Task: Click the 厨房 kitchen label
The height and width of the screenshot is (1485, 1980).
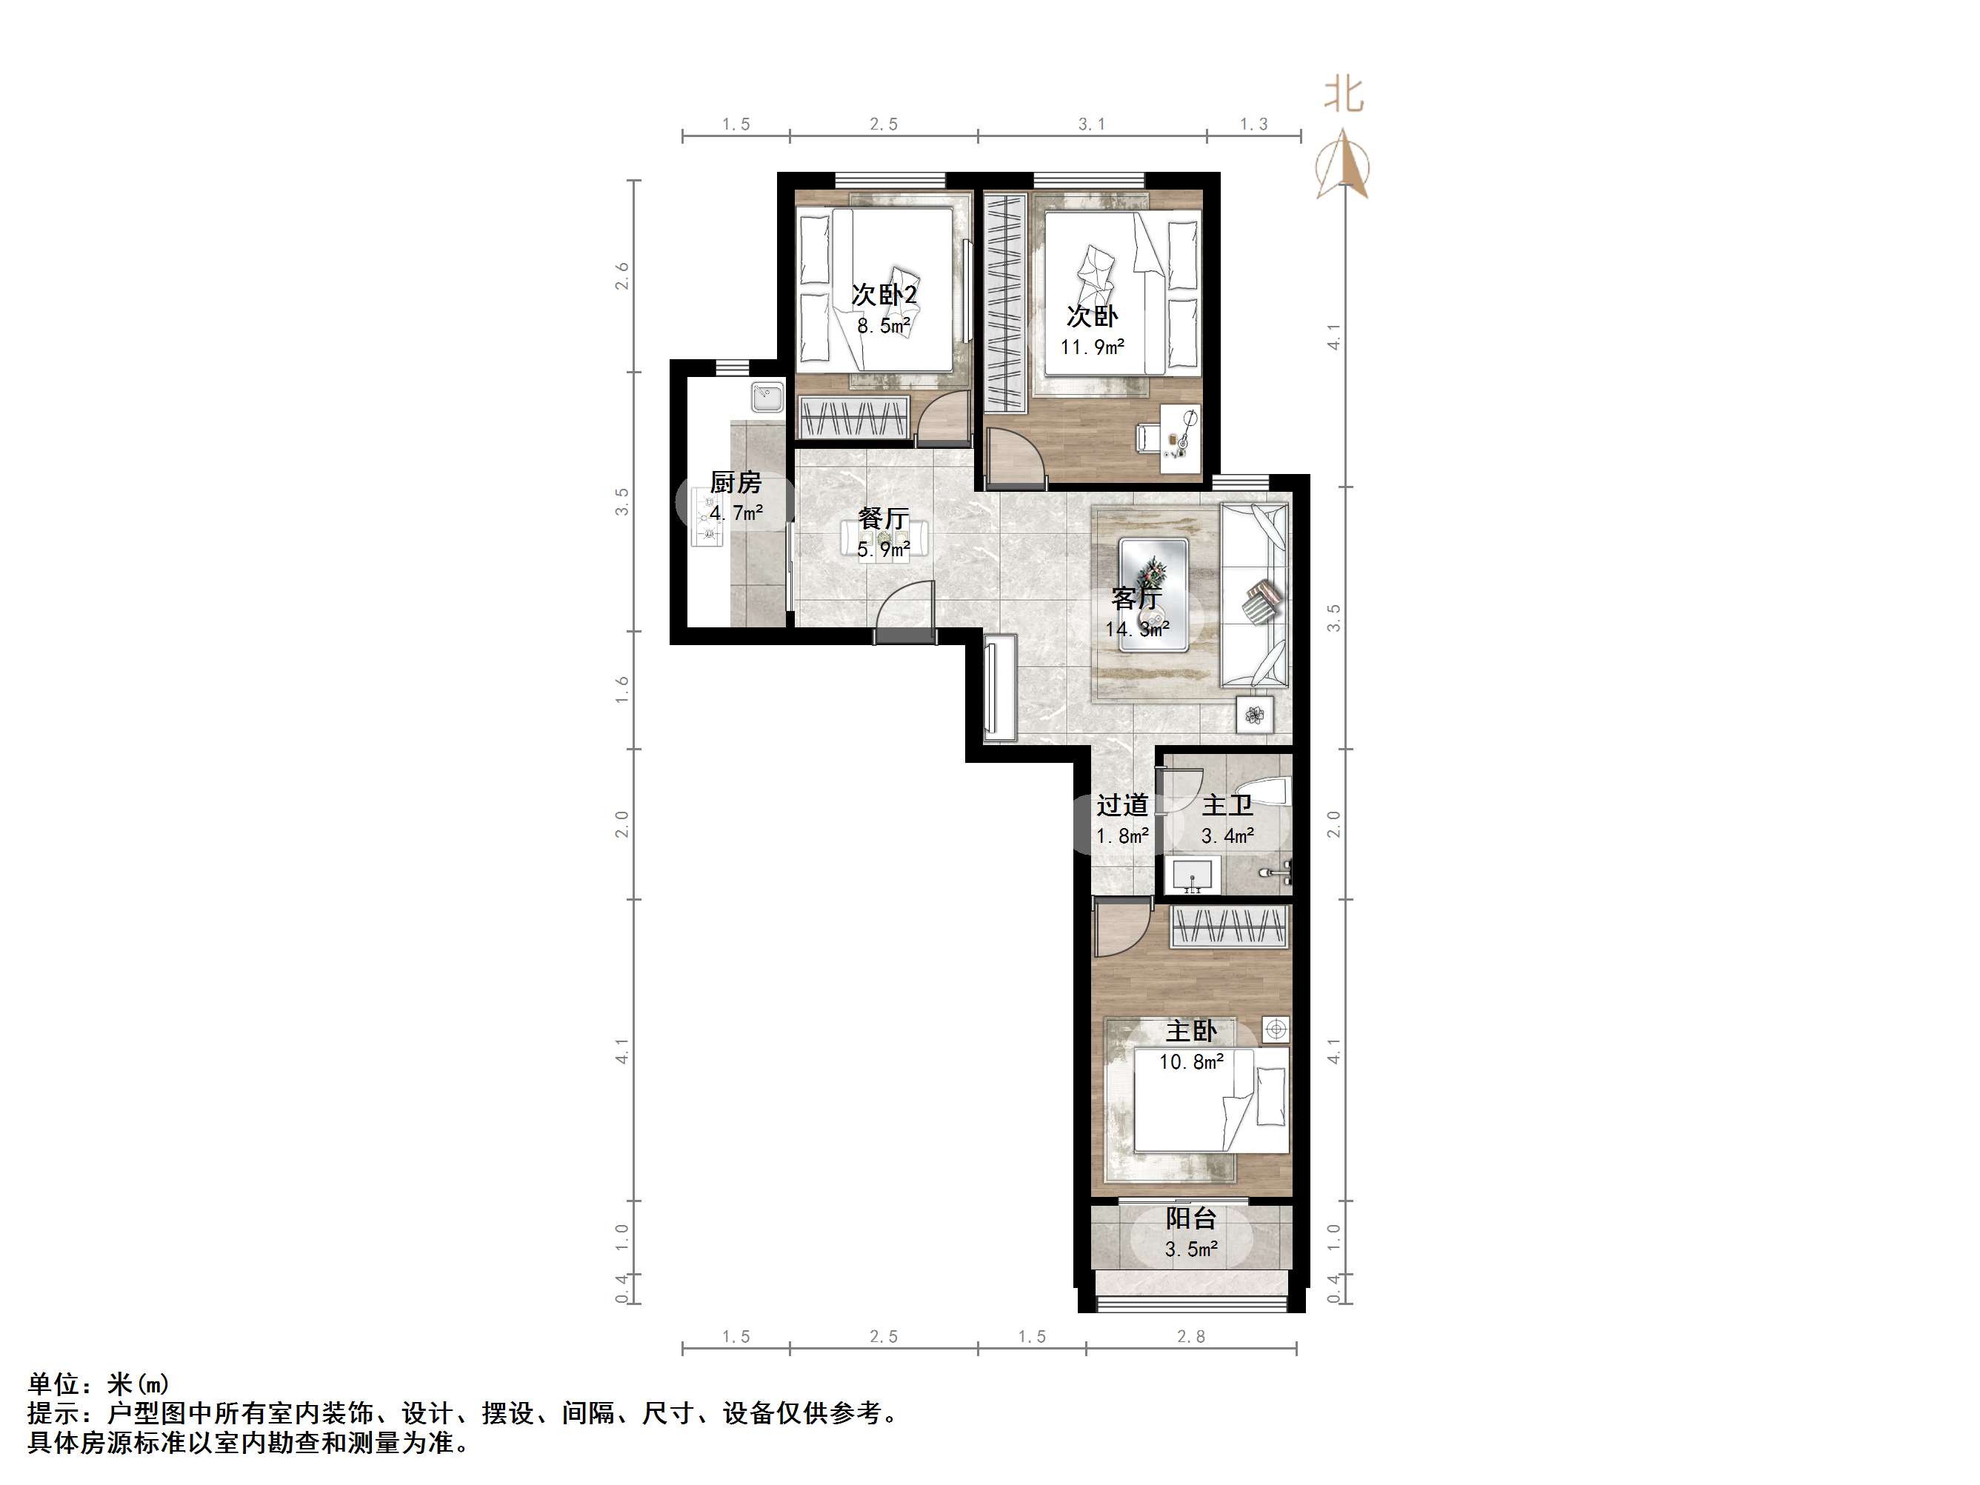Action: pos(735,484)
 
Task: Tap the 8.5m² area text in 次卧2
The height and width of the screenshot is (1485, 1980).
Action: pos(884,326)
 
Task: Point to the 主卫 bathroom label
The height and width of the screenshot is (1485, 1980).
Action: pos(1227,806)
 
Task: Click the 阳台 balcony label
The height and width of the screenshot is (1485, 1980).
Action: pos(1190,1218)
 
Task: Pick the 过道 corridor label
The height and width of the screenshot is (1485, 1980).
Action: pos(1121,806)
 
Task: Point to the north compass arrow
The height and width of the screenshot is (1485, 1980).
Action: pos(1341,163)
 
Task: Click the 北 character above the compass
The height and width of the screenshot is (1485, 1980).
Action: pos(1344,94)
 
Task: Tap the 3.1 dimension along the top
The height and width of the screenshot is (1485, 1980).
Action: pos(1091,124)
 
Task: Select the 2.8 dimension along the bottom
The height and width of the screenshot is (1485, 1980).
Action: pos(1190,1336)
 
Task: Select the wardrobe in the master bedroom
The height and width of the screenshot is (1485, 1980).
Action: pos(1229,927)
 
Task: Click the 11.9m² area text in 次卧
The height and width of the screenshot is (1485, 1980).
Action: pos(1092,347)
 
